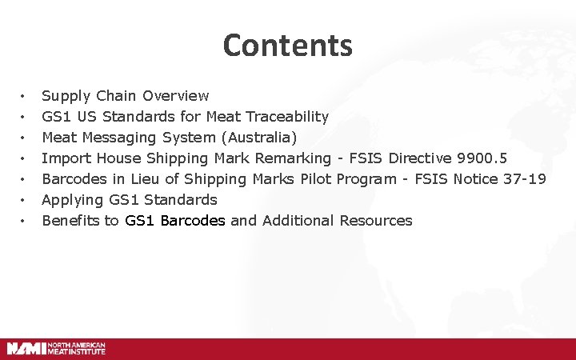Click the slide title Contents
(x=288, y=45)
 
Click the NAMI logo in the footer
(x=56, y=348)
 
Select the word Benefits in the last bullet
(x=70, y=220)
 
